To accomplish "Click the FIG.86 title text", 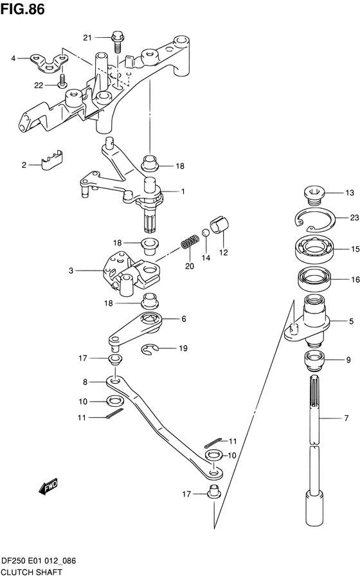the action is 22,9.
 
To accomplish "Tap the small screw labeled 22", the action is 62,80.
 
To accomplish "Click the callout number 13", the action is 349,192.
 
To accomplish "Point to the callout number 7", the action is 346,418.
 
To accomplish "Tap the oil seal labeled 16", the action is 314,279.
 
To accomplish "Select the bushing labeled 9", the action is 314,361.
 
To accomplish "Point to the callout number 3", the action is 71,271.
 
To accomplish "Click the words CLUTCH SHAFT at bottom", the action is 32,573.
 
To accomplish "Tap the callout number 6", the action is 183,319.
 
